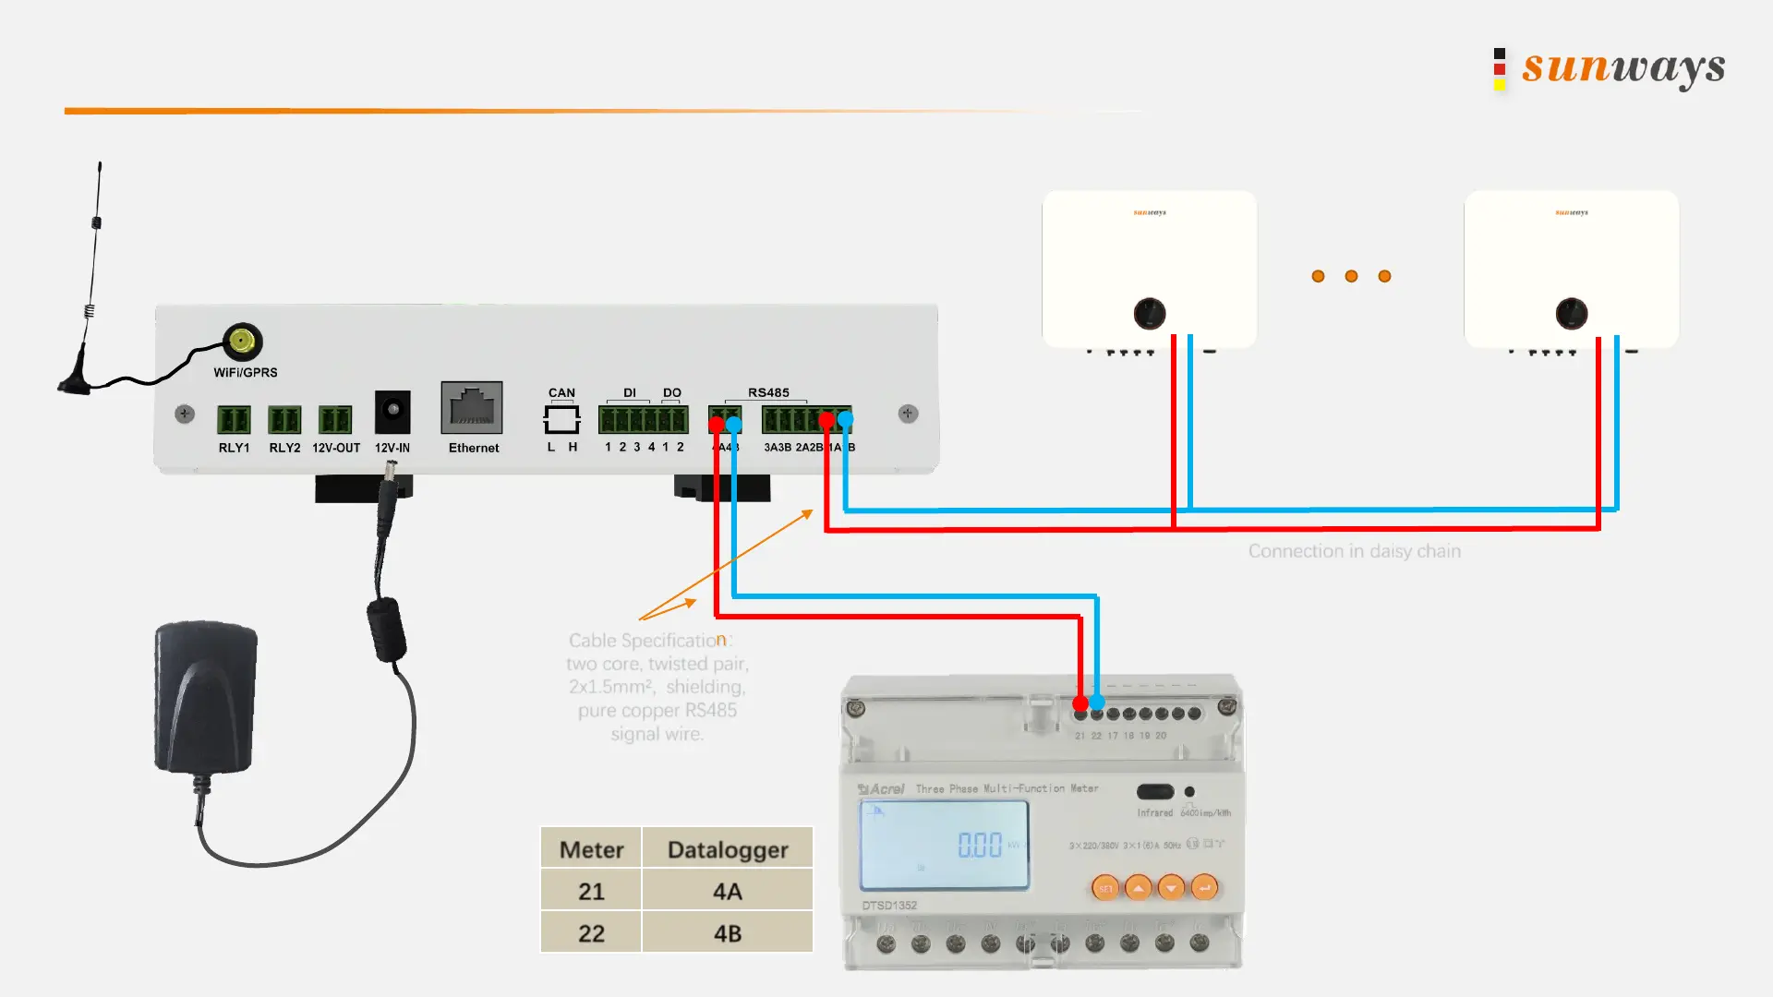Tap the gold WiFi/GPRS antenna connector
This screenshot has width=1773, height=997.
tap(242, 342)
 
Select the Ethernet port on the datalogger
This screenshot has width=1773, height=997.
tap(472, 407)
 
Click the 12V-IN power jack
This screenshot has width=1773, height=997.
tap(392, 411)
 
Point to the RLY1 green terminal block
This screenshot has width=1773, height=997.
tap(234, 419)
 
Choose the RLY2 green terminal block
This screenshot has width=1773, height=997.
tap(284, 419)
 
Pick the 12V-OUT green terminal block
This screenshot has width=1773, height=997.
tap(335, 419)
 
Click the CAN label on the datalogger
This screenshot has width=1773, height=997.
tap(561, 392)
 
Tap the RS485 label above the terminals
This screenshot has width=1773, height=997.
tap(768, 392)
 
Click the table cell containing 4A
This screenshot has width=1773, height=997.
tap(727, 891)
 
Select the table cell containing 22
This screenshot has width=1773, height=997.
tap(591, 933)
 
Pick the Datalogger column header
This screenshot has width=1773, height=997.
tap(727, 849)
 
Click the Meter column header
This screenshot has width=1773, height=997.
tap(591, 849)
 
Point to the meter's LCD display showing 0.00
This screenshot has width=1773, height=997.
tap(944, 844)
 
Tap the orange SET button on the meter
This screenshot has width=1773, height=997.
tap(1105, 888)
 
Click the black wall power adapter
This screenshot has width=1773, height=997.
tap(205, 697)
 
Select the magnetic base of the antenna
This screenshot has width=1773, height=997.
tap(76, 382)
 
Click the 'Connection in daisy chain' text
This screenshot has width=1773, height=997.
tap(1354, 551)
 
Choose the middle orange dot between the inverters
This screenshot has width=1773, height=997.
tap(1351, 276)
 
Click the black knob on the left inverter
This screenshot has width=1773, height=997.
tap(1150, 314)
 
